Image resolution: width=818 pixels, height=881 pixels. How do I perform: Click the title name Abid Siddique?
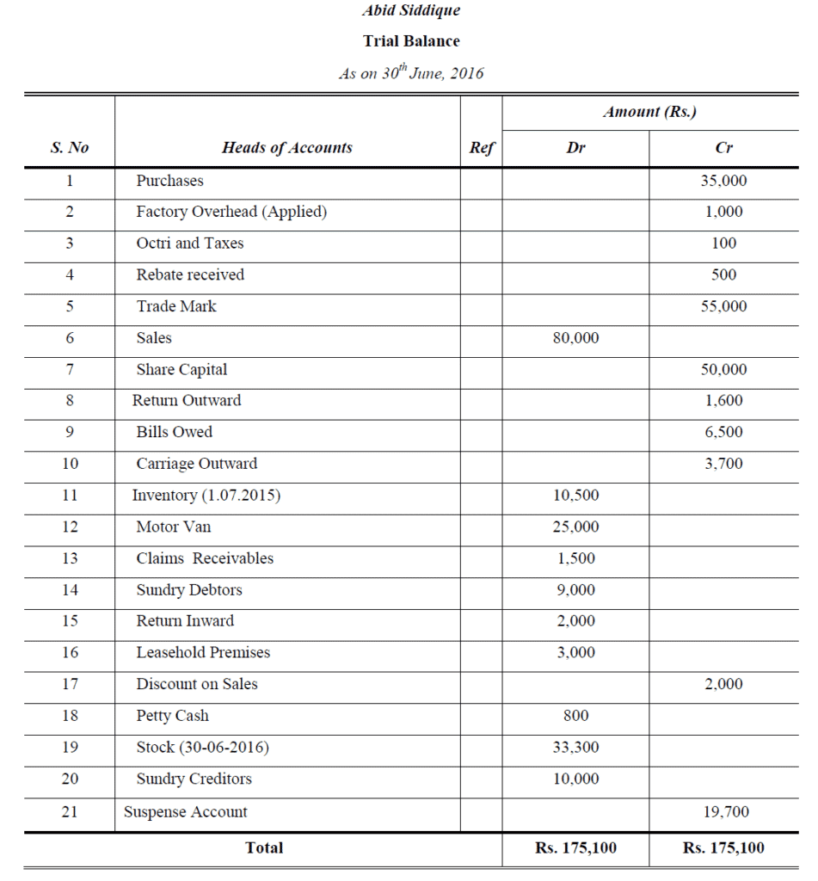coord(411,11)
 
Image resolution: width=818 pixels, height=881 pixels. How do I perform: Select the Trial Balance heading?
coord(411,41)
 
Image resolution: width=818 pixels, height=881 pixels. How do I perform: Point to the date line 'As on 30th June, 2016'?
coord(411,73)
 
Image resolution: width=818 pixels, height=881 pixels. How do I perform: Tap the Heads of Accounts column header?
coord(287,148)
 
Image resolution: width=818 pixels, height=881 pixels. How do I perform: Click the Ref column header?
coord(482,148)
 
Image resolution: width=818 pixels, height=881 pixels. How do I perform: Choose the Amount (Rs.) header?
coord(649,112)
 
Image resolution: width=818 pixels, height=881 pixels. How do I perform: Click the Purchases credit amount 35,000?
coord(723,181)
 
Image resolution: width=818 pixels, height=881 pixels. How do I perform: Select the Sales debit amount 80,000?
coord(575,338)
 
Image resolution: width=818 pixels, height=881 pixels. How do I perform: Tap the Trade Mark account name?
coord(176,306)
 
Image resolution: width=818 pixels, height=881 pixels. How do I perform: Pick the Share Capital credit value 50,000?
coord(723,370)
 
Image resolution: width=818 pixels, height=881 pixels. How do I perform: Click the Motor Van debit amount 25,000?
coord(575,527)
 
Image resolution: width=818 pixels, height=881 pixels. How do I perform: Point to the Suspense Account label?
coord(185,812)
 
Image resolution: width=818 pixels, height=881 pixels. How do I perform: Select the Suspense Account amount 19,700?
coord(723,812)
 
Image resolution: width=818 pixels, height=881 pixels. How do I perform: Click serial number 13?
coord(70,558)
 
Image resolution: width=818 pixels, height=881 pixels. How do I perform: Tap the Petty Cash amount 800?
coord(575,716)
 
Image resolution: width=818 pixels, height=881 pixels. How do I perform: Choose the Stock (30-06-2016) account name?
coord(202,748)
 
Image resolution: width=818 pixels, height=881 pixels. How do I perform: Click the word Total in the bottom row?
coord(264,848)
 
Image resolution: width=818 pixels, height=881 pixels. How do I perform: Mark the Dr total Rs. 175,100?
coord(575,848)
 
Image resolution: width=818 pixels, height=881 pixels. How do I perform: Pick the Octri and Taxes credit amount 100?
coord(723,243)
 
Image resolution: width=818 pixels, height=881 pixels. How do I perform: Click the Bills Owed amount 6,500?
coord(723,433)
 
